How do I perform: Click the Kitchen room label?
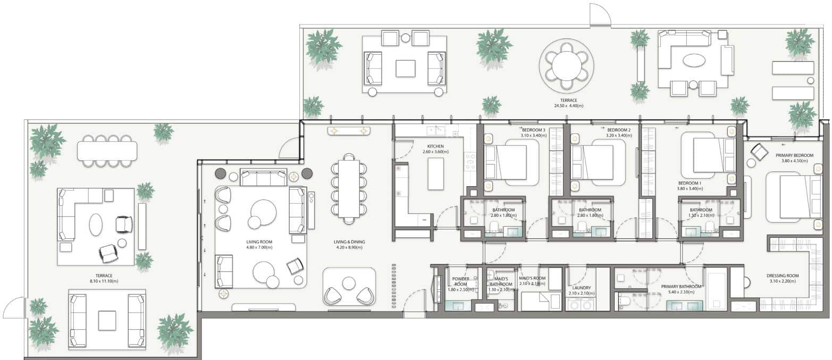pos(435,146)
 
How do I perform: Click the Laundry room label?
pos(579,288)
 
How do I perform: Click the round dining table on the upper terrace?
pos(566,65)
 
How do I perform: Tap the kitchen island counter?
pos(435,173)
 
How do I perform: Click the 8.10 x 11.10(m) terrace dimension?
pos(100,281)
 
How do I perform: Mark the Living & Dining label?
pos(349,242)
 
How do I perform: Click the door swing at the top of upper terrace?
pos(600,14)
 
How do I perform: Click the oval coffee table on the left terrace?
pos(96,224)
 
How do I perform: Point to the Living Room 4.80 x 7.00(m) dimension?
pos(259,247)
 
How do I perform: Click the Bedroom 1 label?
pos(689,182)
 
